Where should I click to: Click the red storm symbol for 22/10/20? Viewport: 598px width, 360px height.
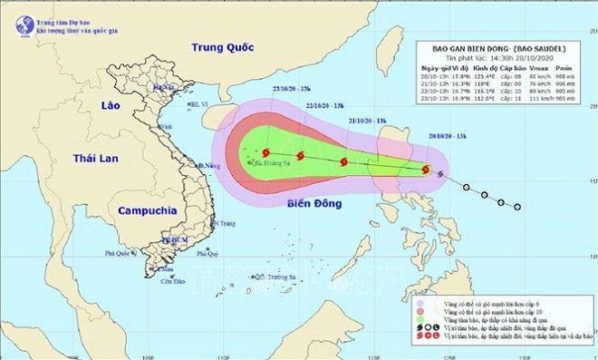tap(300, 156)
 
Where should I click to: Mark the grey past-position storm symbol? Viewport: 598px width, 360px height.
tap(441, 173)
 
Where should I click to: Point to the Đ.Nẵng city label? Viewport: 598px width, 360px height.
tap(211, 166)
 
